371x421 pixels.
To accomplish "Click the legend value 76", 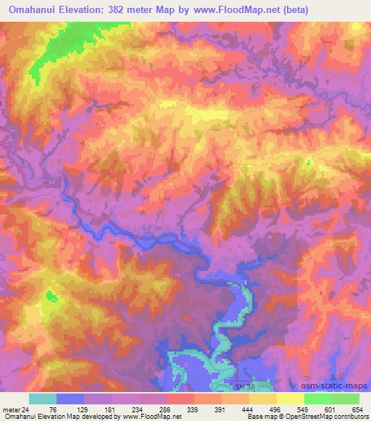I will pyautogui.click(x=56, y=409).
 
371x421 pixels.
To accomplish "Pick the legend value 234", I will pyautogui.click(x=138, y=409).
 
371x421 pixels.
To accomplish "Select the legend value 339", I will pyautogui.click(x=193, y=409).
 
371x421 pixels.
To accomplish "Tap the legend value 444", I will pyautogui.click(x=249, y=409).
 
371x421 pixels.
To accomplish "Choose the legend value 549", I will pyautogui.click(x=304, y=409).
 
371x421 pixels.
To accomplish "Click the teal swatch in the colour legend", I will pyautogui.click(x=43, y=399).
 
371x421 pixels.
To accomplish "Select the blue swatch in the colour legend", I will pyautogui.click(x=70, y=399).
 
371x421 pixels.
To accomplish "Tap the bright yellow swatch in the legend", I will pyautogui.click(x=291, y=399).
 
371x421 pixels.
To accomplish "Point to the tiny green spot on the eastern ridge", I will pyautogui.click(x=307, y=162).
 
